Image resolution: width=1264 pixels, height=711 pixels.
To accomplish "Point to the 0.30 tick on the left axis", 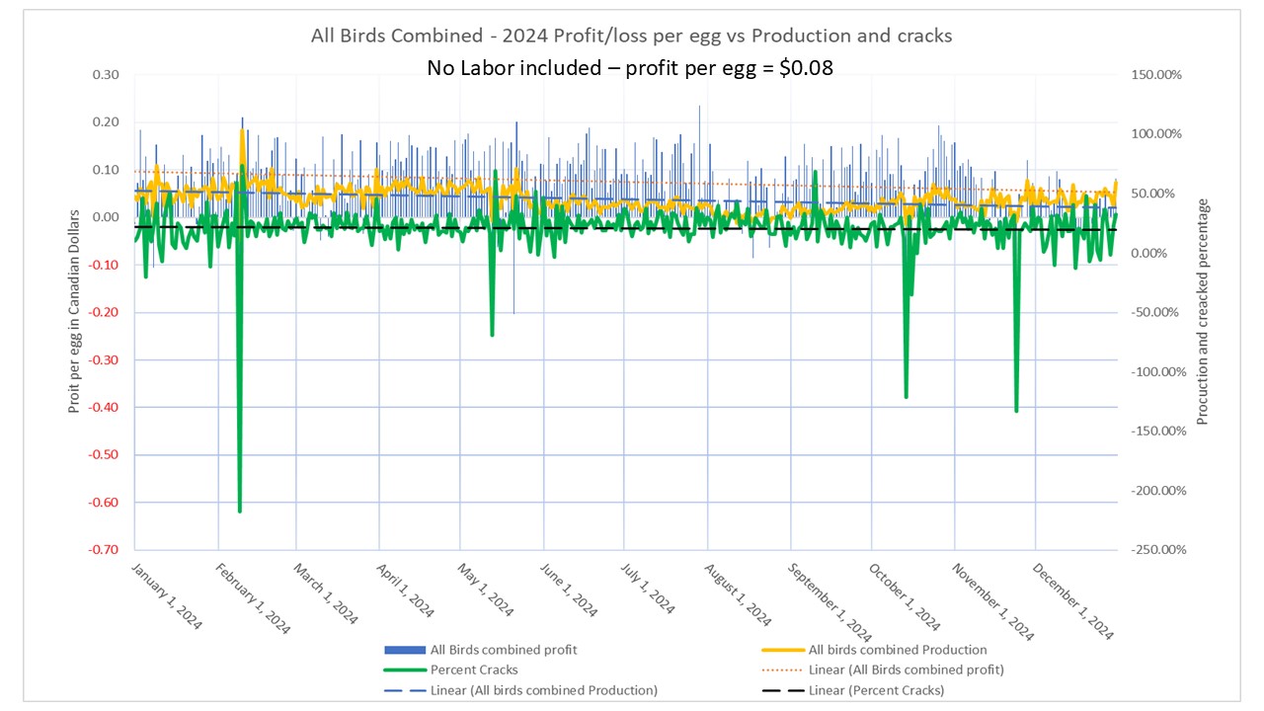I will tap(105, 75).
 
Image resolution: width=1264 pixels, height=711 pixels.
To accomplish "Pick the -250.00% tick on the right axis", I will tap(1151, 550).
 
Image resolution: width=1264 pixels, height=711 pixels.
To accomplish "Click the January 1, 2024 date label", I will tap(166, 597).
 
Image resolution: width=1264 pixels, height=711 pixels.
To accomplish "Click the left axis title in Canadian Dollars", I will tap(74, 312).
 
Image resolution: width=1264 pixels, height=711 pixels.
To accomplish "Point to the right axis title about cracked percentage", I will tap(1203, 312).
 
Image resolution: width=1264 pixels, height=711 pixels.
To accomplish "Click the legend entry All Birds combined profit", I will tap(504, 650).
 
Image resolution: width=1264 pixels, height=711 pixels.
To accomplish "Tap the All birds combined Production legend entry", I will tap(898, 650).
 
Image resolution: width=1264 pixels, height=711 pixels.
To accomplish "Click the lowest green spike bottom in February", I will tap(239, 511).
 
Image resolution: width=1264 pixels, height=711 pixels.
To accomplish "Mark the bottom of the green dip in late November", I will tap(1016, 410).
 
